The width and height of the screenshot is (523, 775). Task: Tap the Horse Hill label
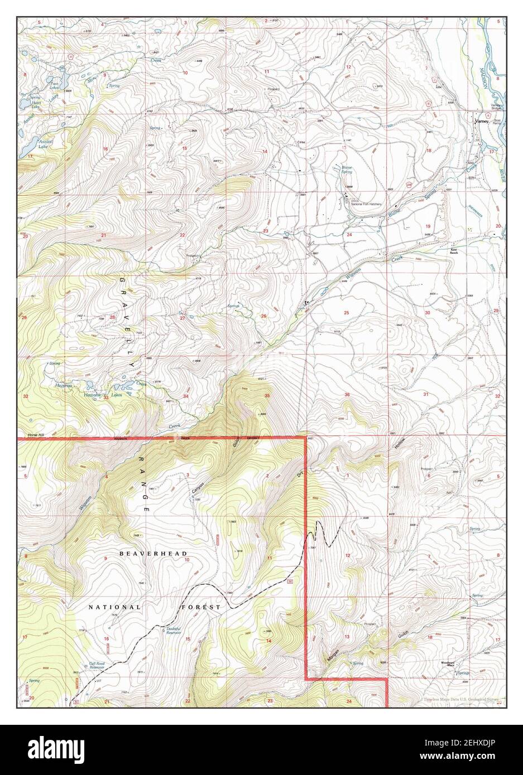30,435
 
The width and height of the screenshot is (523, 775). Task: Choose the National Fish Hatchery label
366,204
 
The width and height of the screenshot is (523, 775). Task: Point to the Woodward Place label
449,663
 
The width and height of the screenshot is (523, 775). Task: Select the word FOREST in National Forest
200,607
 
